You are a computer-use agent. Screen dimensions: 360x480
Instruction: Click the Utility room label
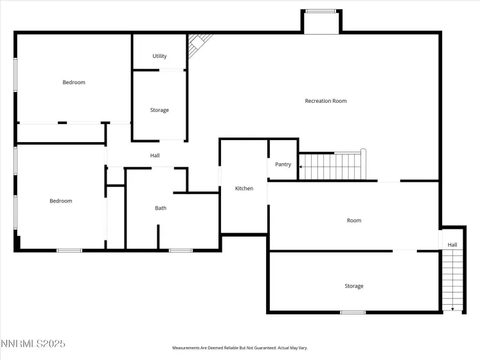click(x=159, y=56)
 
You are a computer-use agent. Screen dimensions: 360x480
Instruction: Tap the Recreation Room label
click(x=325, y=101)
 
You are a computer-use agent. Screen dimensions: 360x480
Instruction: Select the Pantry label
click(x=283, y=165)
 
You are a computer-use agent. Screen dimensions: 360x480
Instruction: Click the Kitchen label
click(x=244, y=188)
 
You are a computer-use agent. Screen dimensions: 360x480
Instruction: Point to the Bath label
click(x=161, y=208)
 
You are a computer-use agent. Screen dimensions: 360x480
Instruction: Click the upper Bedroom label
click(x=74, y=82)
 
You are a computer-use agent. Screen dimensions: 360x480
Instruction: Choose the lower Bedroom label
click(x=61, y=201)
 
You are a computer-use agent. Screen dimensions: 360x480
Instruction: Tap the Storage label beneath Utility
click(x=159, y=110)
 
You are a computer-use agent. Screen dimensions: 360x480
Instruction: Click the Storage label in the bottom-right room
click(x=353, y=286)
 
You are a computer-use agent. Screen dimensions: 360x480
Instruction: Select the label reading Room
click(x=354, y=221)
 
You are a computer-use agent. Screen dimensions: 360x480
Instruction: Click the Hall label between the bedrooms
click(x=155, y=156)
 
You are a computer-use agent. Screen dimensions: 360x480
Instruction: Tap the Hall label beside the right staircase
click(x=452, y=245)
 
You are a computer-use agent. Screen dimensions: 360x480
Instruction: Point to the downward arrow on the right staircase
click(x=454, y=309)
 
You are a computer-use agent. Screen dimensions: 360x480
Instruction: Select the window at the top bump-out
click(x=321, y=11)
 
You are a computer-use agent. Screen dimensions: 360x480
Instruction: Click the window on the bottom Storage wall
click(x=353, y=312)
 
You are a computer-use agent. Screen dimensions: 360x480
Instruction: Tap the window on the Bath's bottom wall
click(x=181, y=250)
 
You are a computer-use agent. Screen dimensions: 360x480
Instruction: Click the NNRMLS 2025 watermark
click(x=33, y=344)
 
